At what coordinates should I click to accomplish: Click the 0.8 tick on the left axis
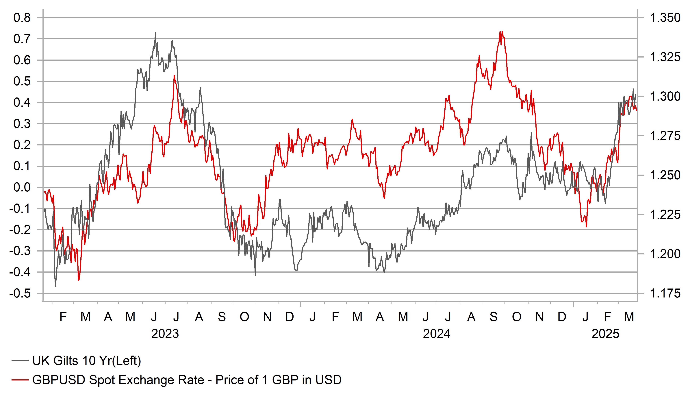tap(22, 18)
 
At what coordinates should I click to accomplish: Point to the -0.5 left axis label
tap(20, 293)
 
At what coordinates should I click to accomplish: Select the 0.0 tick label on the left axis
tap(22, 188)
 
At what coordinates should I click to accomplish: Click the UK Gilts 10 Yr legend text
tap(86, 361)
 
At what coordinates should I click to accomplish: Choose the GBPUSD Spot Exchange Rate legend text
tap(187, 380)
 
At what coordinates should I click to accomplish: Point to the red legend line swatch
tap(20, 380)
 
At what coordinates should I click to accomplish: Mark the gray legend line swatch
tap(20, 361)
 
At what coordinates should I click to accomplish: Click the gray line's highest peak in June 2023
tap(155, 33)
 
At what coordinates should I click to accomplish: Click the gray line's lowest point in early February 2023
tap(56, 286)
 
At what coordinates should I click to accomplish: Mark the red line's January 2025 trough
tap(586, 227)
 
